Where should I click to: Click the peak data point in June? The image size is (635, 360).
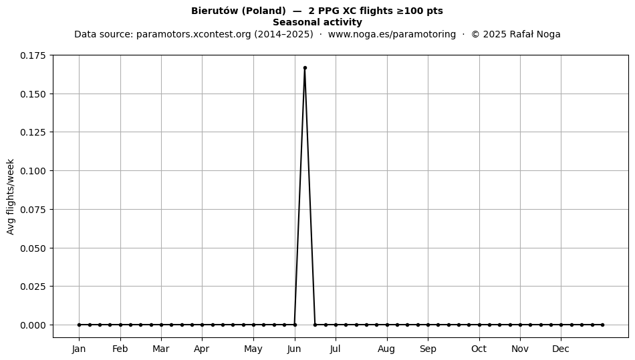click(x=305, y=68)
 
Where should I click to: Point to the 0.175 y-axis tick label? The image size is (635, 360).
click(x=33, y=55)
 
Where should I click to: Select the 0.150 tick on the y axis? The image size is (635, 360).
click(x=33, y=94)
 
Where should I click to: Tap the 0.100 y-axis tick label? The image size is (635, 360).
click(x=33, y=171)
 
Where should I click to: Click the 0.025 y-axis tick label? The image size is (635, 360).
click(x=33, y=287)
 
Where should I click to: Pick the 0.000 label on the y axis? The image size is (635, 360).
click(x=33, y=325)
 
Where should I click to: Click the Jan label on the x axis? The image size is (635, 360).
click(x=79, y=349)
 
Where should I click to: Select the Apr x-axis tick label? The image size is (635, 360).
click(x=202, y=349)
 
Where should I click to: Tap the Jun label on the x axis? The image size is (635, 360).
click(x=294, y=349)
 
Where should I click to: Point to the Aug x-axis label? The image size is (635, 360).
click(x=386, y=349)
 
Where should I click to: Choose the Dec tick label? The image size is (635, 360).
click(x=561, y=349)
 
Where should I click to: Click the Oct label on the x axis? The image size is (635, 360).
click(x=479, y=349)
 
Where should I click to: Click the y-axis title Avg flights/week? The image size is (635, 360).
click(x=11, y=196)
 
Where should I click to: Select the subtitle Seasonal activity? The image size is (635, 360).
click(x=317, y=22)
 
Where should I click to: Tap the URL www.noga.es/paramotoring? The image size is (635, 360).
click(x=392, y=34)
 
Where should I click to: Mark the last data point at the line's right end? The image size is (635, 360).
click(x=603, y=325)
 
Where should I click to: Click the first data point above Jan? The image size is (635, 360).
click(x=79, y=325)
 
